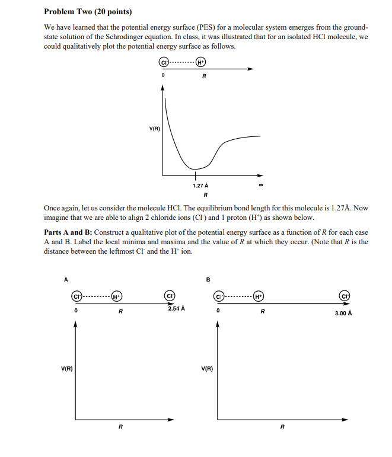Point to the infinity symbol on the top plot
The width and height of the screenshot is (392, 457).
[x=260, y=185]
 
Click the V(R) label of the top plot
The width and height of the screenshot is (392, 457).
[x=154, y=129]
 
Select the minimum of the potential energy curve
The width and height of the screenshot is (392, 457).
[x=195, y=169]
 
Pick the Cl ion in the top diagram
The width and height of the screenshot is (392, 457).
[x=163, y=62]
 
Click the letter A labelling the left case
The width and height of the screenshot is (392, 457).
[x=66, y=279]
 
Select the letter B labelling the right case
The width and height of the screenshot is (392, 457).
[x=208, y=279]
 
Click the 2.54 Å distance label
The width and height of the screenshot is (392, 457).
[x=176, y=309]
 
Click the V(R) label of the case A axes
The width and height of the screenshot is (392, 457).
[x=67, y=369]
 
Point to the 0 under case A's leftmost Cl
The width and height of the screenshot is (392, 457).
[x=76, y=310]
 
